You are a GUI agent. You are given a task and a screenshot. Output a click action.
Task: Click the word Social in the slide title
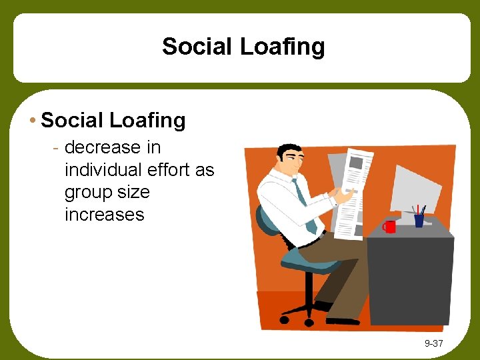195,47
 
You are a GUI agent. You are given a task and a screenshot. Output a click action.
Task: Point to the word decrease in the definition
103,147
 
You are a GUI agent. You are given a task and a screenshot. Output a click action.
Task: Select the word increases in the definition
104,215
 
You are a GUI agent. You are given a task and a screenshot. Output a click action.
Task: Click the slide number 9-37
434,344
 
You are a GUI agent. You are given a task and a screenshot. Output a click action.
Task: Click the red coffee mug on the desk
389,227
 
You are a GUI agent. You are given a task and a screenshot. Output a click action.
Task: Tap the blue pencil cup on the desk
419,220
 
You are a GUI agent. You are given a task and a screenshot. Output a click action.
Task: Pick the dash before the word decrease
58,148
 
